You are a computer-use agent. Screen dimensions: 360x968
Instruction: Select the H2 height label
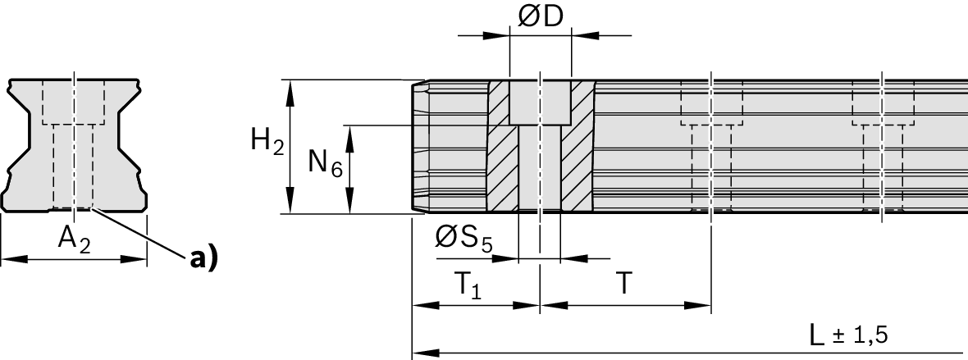(x=267, y=144)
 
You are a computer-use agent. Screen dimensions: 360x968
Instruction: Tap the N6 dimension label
(x=324, y=163)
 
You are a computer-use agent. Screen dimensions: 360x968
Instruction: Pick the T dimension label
(x=624, y=283)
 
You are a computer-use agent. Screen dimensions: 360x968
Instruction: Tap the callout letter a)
(x=203, y=258)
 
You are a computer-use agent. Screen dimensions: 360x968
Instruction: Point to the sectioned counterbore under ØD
(x=540, y=103)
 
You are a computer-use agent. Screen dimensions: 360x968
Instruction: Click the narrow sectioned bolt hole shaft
(x=540, y=168)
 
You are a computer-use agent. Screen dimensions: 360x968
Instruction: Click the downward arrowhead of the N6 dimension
(x=350, y=207)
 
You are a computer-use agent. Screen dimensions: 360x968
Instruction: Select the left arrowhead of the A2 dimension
(x=7, y=260)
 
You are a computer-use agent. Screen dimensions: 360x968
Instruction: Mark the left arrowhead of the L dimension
(x=418, y=353)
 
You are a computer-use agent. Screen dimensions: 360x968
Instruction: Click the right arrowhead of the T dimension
(x=705, y=306)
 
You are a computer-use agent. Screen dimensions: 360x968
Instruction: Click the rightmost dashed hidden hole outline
(x=883, y=148)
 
